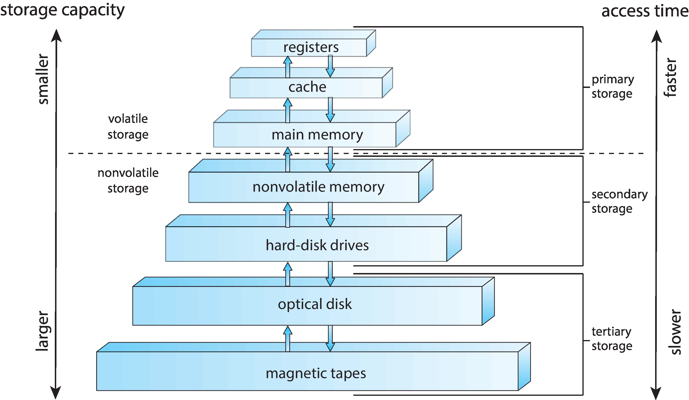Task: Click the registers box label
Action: [x=311, y=47]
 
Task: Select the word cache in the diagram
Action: [x=307, y=87]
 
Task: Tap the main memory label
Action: [x=317, y=135]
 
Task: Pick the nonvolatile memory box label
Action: [x=318, y=187]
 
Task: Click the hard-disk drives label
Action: [x=317, y=245]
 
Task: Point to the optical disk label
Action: [x=315, y=304]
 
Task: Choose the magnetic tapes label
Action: [x=316, y=373]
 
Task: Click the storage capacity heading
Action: [x=62, y=10]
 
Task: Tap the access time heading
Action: [x=645, y=12]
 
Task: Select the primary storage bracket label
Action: [x=613, y=86]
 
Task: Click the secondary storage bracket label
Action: [x=619, y=202]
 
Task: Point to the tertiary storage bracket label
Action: [x=612, y=339]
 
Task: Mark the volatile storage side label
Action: [x=128, y=127]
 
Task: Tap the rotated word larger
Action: [x=42, y=331]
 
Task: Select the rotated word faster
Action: [x=670, y=77]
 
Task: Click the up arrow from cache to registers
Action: [x=288, y=67]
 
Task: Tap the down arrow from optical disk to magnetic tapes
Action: [x=330, y=338]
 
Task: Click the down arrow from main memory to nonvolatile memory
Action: [x=330, y=159]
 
